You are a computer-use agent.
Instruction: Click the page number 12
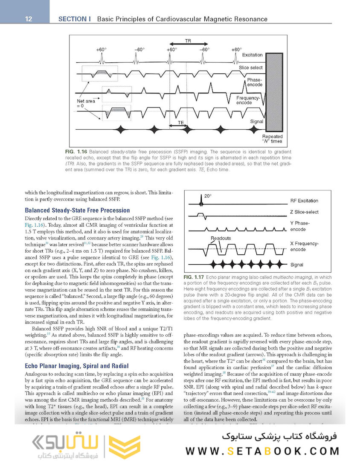pyautogui.click(x=29, y=19)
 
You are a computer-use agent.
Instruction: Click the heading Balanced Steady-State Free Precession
pyautogui.click(x=77, y=210)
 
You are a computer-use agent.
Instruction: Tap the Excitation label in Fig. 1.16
pyautogui.click(x=252, y=55)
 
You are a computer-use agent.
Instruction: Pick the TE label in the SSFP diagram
pyautogui.click(x=180, y=122)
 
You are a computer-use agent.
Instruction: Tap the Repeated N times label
pyautogui.click(x=272, y=138)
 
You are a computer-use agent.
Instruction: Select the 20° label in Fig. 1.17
pyautogui.click(x=208, y=196)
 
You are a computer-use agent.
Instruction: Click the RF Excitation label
pyautogui.click(x=304, y=201)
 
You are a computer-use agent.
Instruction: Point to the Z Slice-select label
pyautogui.click(x=304, y=212)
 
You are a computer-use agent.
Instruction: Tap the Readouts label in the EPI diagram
pyautogui.click(x=221, y=238)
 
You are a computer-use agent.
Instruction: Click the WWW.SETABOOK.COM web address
pyautogui.click(x=262, y=451)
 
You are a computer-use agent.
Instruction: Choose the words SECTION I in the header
pyautogui.click(x=75, y=19)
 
